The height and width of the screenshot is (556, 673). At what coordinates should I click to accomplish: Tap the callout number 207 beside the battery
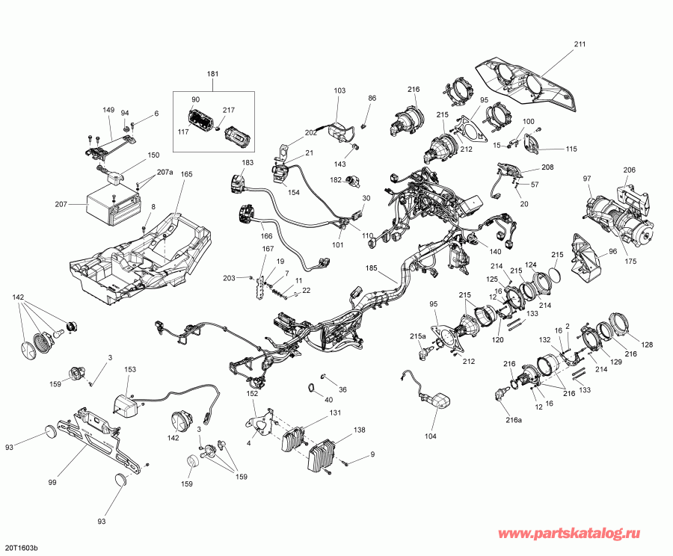tap(60, 203)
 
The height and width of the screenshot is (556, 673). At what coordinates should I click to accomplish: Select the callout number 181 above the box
tap(214, 74)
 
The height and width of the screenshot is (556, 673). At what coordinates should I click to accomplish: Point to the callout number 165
tap(186, 174)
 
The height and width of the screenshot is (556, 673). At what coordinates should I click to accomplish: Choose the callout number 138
tap(359, 430)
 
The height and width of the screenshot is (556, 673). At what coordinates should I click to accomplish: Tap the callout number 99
tap(52, 483)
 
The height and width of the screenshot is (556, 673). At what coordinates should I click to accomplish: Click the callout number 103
tap(339, 90)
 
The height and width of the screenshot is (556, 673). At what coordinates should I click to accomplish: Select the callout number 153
tap(129, 369)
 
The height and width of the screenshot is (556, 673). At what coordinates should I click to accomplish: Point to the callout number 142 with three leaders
tap(19, 297)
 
